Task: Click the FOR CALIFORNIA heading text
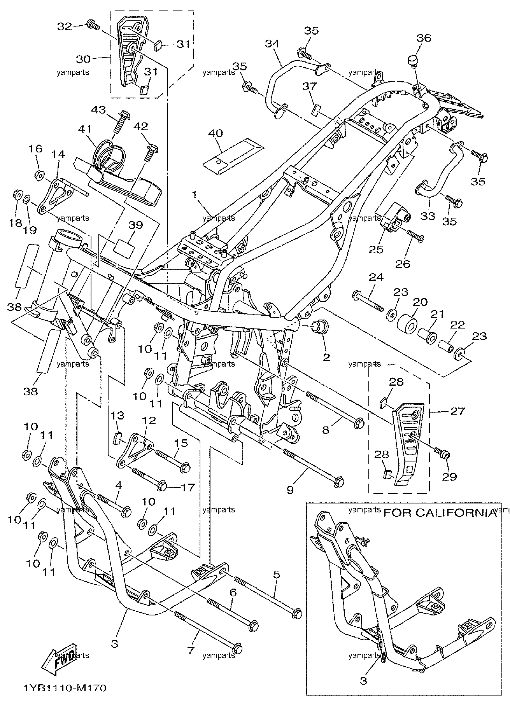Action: point(440,512)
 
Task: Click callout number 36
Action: point(424,38)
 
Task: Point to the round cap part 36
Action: point(413,61)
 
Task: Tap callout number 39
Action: point(136,225)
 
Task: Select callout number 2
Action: point(326,357)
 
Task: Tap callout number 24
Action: point(376,277)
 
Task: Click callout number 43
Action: point(98,110)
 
